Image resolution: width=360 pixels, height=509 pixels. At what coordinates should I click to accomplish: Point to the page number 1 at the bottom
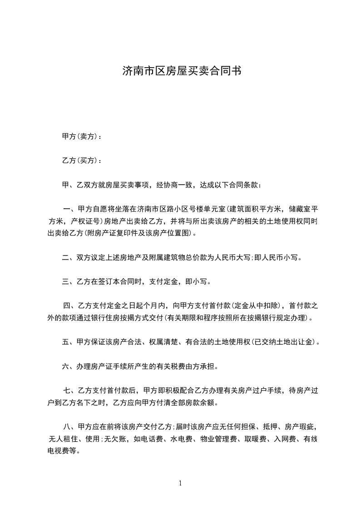[180, 483]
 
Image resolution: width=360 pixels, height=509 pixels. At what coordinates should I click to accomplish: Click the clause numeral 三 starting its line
[65, 282]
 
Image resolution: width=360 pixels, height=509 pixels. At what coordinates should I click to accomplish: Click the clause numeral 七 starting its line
[68, 390]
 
